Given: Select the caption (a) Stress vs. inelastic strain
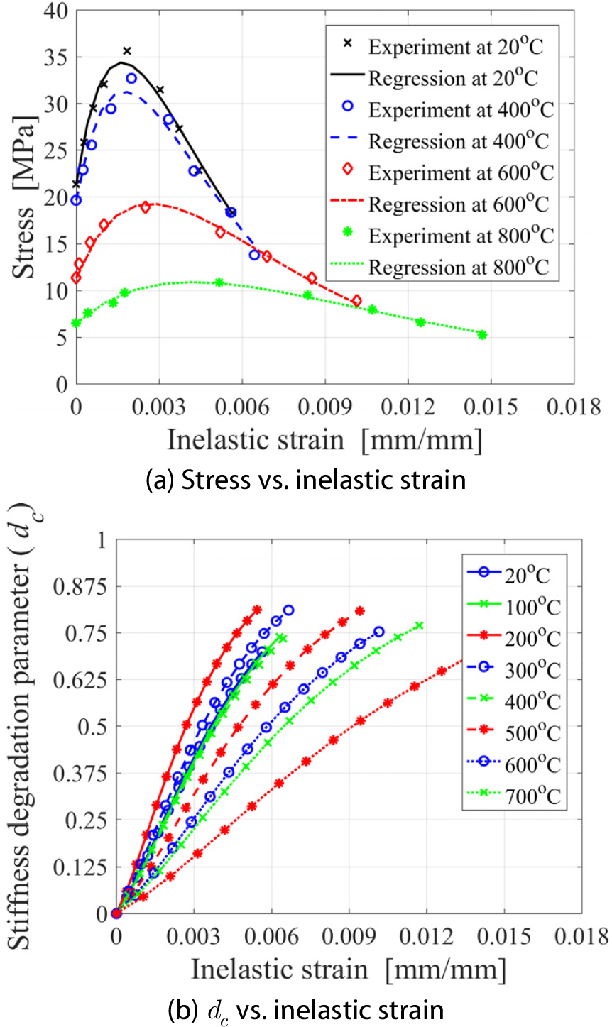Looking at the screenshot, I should (x=305, y=480).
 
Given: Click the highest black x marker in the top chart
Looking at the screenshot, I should (x=127, y=51).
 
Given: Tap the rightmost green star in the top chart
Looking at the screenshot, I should (x=483, y=335).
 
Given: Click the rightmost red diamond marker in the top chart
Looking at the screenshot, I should (x=356, y=301).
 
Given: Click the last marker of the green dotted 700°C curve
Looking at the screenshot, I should (x=420, y=625).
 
